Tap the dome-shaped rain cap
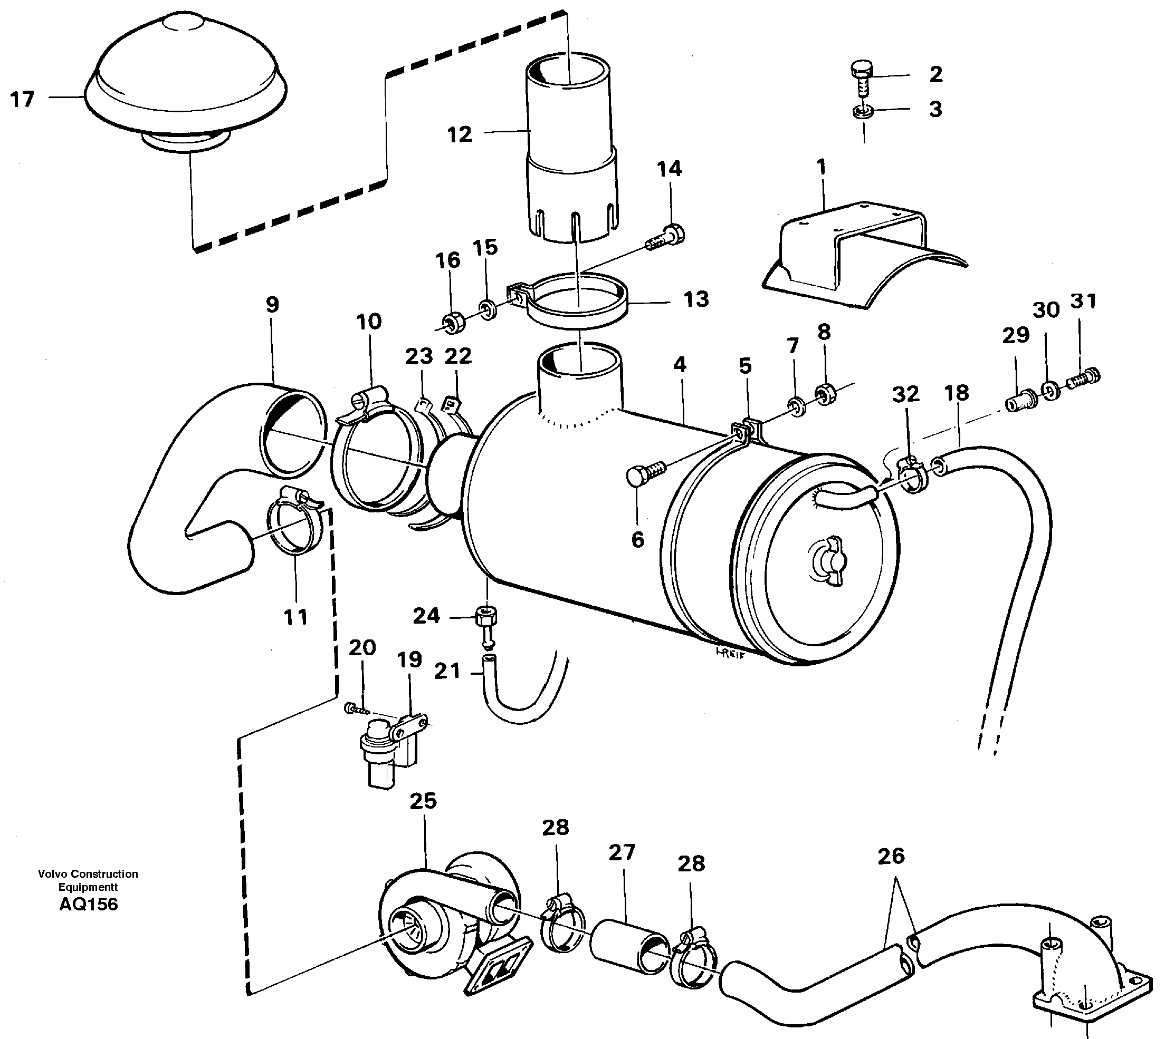[186, 80]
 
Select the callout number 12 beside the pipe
[460, 135]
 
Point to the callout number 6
[637, 539]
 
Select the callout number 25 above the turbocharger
[423, 801]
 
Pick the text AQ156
[89, 904]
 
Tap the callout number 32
[906, 394]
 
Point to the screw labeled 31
[1084, 377]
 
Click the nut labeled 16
[454, 323]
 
